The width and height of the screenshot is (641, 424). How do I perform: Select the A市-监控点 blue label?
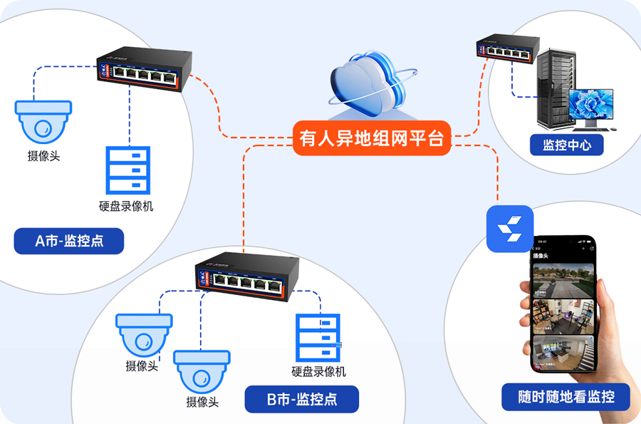(x=69, y=241)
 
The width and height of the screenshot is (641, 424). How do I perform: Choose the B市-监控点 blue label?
(x=301, y=399)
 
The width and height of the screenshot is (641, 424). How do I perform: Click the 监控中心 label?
(x=567, y=145)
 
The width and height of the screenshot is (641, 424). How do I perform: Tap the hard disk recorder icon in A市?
(x=127, y=171)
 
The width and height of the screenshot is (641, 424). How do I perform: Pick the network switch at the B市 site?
(x=244, y=277)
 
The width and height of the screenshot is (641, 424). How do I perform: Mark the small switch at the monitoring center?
(x=506, y=50)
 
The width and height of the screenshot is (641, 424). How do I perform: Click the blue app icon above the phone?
(x=510, y=228)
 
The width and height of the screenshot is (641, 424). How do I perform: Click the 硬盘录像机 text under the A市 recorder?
(x=126, y=207)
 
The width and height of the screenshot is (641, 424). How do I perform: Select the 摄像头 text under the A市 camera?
(x=43, y=156)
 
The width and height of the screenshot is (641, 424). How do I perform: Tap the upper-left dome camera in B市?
(x=144, y=334)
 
